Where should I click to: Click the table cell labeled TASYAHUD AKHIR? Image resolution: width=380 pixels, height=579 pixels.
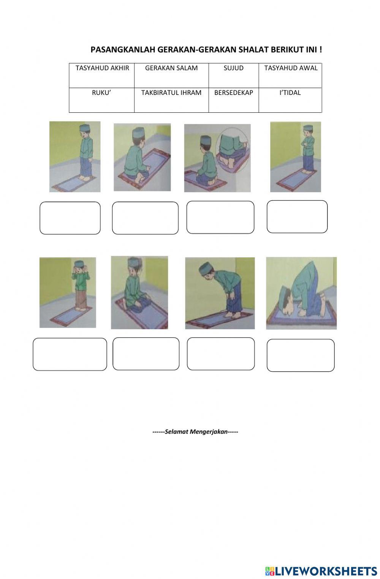point(102,68)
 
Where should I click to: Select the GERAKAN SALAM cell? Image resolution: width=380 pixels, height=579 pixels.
point(171,68)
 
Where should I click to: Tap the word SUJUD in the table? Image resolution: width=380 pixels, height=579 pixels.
point(233,68)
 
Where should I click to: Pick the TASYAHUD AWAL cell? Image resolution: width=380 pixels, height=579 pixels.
point(291,68)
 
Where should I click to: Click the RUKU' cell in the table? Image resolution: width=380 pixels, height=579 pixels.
point(101,93)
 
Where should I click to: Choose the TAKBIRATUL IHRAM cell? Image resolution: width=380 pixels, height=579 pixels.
point(171,93)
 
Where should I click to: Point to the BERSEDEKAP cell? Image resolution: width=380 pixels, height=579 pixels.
point(233,93)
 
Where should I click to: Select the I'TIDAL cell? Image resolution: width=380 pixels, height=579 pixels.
point(290,93)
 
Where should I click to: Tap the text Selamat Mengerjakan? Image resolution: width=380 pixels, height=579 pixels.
point(195,432)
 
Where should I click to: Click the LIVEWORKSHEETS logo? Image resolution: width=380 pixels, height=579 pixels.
point(321,571)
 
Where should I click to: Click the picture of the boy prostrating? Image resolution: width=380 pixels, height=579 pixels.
point(301,293)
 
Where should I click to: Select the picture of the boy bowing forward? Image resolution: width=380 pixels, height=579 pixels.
point(220,293)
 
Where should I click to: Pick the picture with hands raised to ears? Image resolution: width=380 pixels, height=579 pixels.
point(68,292)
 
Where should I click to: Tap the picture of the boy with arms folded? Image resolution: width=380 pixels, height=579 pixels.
point(295,157)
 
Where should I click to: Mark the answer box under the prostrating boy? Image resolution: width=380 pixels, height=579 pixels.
point(300,355)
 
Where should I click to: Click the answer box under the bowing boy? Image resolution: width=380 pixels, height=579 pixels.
point(220,354)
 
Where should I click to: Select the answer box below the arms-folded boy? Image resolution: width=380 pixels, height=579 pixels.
point(297,217)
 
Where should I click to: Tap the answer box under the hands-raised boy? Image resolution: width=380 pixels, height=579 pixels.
point(70,354)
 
